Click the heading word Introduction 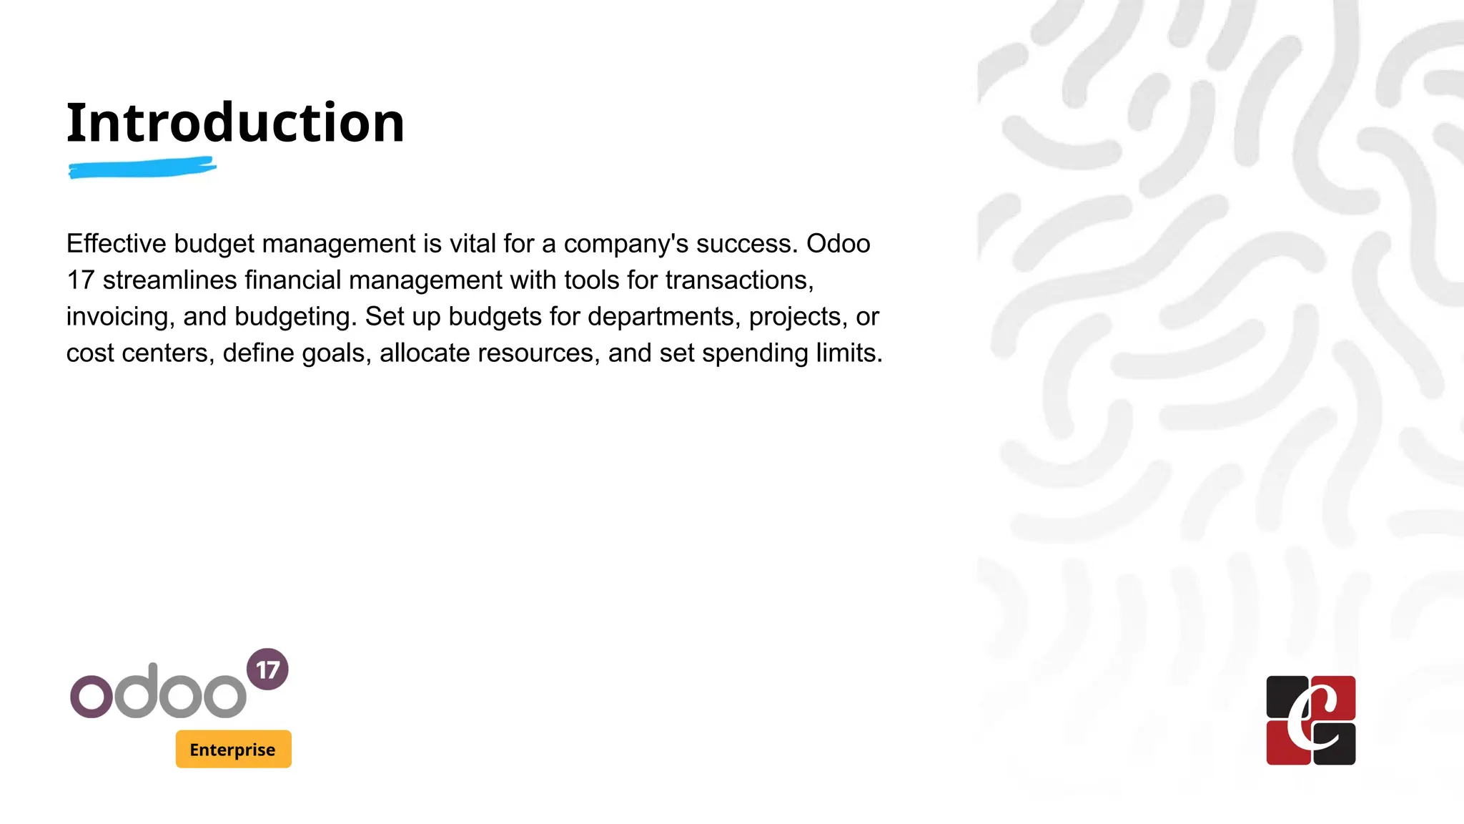click(235, 122)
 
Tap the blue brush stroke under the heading click(142, 168)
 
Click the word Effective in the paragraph click(116, 244)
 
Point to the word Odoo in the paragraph click(838, 244)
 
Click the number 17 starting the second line click(80, 280)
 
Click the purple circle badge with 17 click(267, 669)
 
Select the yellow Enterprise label click(233, 749)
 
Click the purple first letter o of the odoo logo click(91, 696)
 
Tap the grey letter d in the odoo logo click(137, 691)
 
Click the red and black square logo click(1310, 720)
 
